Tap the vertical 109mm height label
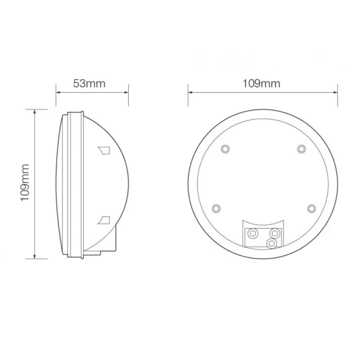click(26, 183)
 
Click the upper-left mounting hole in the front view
click(224, 149)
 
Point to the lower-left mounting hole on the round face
click(216, 208)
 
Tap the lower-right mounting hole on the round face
click(311, 208)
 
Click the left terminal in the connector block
click(252, 233)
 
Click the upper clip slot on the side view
click(104, 150)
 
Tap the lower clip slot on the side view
click(104, 220)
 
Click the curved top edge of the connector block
click(262, 222)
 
